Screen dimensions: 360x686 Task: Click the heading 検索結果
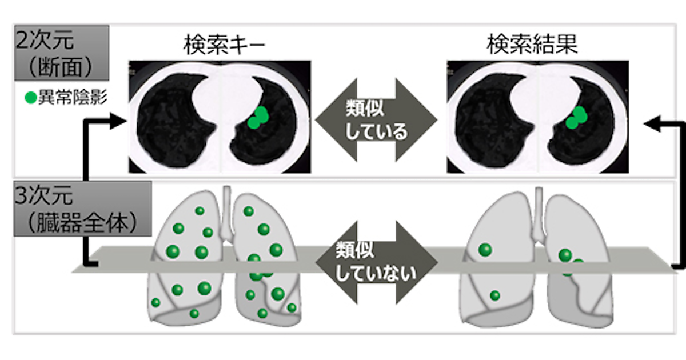(532, 45)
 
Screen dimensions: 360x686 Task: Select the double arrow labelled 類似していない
(376, 262)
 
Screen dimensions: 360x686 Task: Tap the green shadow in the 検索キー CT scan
(258, 118)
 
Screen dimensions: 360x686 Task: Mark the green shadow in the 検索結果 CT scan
(576, 118)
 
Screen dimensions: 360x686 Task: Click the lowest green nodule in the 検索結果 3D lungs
(495, 295)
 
